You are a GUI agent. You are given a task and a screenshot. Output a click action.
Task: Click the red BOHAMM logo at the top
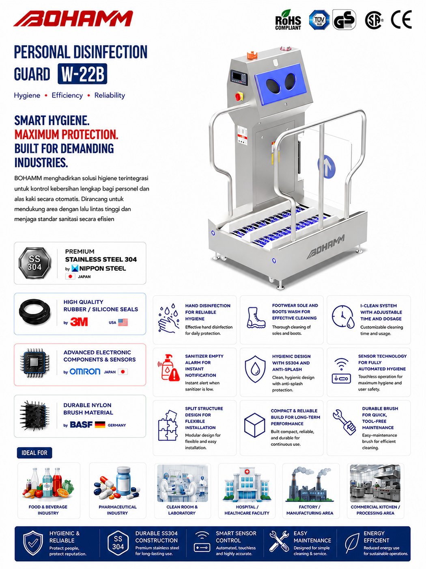coord(73,18)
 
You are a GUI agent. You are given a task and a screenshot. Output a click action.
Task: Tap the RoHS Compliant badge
coord(288,20)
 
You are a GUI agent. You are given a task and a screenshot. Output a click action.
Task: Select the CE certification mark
coord(401,20)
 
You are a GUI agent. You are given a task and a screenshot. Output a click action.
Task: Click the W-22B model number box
coord(82,74)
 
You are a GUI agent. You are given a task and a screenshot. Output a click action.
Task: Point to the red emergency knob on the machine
coord(239,96)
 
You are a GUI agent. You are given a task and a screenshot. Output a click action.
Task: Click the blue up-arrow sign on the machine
coord(327,167)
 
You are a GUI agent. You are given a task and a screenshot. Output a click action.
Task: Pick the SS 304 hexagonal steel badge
coord(34,263)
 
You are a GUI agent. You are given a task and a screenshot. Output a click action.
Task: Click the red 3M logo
coord(79,322)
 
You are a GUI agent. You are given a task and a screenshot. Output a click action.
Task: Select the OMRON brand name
coord(85,371)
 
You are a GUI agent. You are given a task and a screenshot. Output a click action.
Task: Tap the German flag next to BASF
coord(100,424)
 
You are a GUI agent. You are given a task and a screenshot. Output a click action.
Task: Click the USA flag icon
coord(123,322)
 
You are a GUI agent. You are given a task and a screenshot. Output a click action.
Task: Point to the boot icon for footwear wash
coord(256,318)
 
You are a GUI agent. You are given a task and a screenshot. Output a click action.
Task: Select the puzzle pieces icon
coord(168,426)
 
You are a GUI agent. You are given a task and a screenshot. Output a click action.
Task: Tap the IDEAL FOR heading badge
coord(34,453)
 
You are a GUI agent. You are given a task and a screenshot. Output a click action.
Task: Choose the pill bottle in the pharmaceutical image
coord(124,481)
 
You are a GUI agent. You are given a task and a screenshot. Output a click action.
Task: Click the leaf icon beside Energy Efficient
coord(352,543)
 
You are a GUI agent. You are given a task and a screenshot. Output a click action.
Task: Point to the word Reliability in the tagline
coord(110,96)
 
